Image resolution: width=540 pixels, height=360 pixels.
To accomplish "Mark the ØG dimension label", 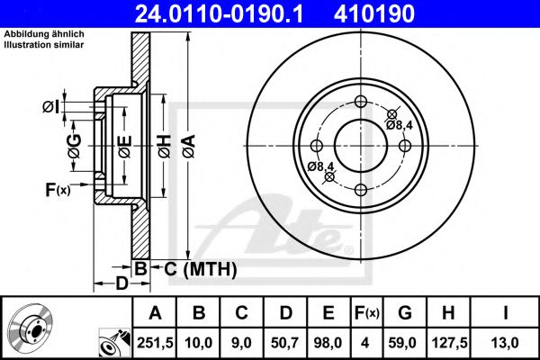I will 75,143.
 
